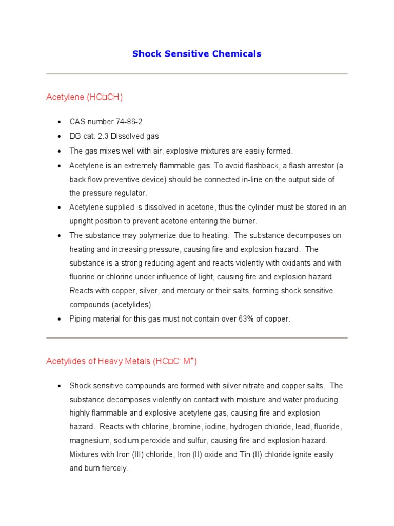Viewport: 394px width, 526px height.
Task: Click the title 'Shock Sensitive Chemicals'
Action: [x=196, y=54]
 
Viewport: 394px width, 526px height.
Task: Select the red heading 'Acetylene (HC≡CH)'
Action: [x=85, y=97]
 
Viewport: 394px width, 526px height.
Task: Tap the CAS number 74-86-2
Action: [x=129, y=122]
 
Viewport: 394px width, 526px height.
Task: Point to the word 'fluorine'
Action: [x=84, y=277]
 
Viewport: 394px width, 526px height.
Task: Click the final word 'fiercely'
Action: [x=114, y=468]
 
